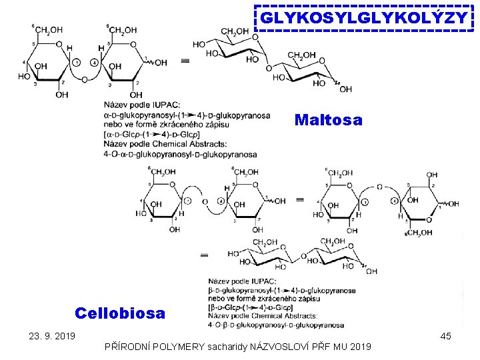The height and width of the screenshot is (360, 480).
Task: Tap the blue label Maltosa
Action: click(x=328, y=120)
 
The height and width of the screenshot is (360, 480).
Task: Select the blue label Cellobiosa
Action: click(x=120, y=313)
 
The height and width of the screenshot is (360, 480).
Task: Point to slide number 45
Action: click(x=446, y=336)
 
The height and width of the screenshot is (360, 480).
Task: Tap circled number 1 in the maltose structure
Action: click(x=77, y=63)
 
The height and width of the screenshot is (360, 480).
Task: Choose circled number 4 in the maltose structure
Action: click(x=94, y=63)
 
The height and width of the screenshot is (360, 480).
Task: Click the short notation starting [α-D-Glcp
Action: click(x=157, y=135)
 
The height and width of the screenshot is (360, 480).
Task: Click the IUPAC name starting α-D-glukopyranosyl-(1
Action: click(x=187, y=115)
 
